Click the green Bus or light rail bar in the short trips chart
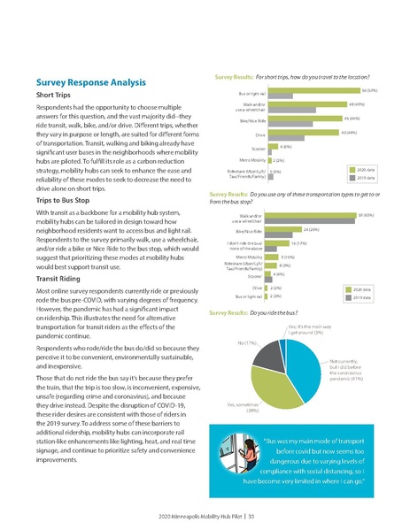(x=314, y=89)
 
